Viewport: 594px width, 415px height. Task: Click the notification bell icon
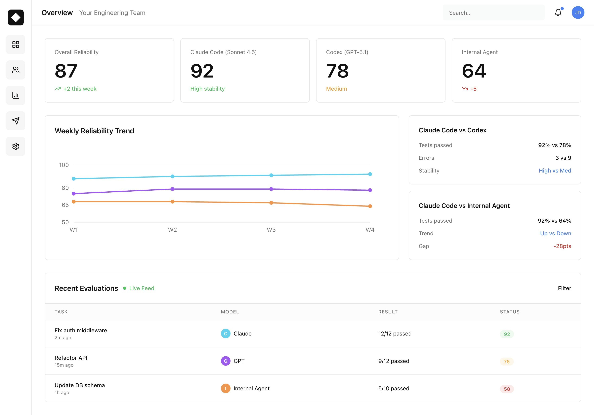pyautogui.click(x=558, y=12)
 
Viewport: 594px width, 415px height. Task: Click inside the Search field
pyautogui.click(x=493, y=13)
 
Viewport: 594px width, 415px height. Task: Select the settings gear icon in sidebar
pyautogui.click(x=16, y=146)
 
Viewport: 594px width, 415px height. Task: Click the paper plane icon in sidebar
pyautogui.click(x=16, y=121)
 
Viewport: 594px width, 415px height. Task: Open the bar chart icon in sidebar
pyautogui.click(x=16, y=95)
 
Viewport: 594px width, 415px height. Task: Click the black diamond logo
pyautogui.click(x=16, y=17)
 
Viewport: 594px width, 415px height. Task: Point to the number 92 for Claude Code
pyautogui.click(x=202, y=71)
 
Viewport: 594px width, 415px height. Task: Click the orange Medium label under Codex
pyautogui.click(x=336, y=89)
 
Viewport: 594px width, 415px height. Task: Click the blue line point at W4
pyautogui.click(x=370, y=174)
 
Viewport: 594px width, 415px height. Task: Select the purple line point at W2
pyautogui.click(x=173, y=189)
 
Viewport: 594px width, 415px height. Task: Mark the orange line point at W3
pyautogui.click(x=271, y=203)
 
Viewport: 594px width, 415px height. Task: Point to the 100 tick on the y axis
pyautogui.click(x=64, y=165)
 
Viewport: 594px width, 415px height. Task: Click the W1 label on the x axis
pyautogui.click(x=74, y=230)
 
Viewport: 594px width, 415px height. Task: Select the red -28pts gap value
pyautogui.click(x=562, y=246)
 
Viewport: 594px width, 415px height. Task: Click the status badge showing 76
pyautogui.click(x=507, y=362)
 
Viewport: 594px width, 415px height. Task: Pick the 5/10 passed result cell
pyautogui.click(x=394, y=388)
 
